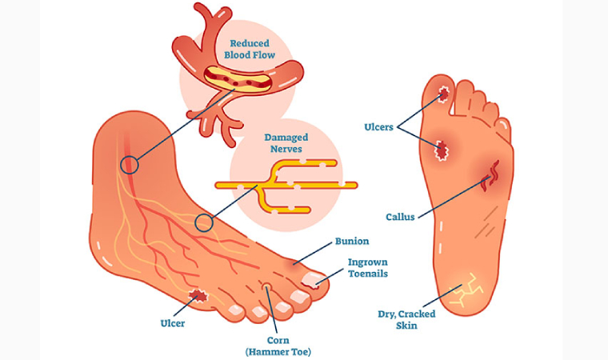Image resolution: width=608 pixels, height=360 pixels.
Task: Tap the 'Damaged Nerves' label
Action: (x=287, y=143)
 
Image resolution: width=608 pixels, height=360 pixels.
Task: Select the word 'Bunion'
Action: (x=351, y=240)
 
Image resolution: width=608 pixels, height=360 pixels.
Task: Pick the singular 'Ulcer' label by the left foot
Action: (x=172, y=323)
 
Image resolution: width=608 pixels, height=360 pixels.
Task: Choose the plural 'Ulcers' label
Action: (x=378, y=126)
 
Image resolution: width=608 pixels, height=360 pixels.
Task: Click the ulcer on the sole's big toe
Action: (x=442, y=96)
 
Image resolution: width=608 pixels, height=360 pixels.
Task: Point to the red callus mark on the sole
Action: (x=491, y=174)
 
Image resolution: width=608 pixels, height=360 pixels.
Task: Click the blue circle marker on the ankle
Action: (x=129, y=166)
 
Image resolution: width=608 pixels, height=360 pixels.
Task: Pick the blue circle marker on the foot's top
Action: (x=204, y=222)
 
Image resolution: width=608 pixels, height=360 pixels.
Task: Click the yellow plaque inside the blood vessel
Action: (x=239, y=78)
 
